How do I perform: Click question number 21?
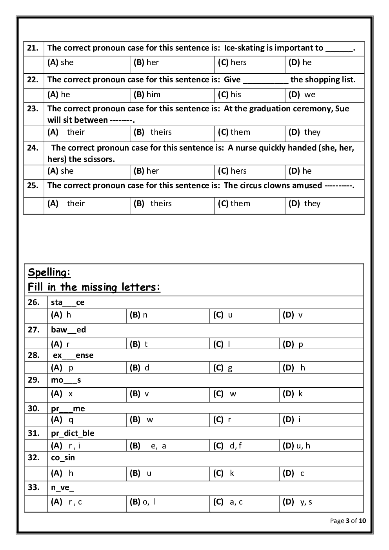33,48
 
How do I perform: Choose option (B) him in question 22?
147,94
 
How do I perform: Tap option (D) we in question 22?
302,94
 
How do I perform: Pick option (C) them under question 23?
234,132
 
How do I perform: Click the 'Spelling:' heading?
49,272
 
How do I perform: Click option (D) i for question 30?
292,419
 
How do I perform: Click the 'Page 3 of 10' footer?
348,521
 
